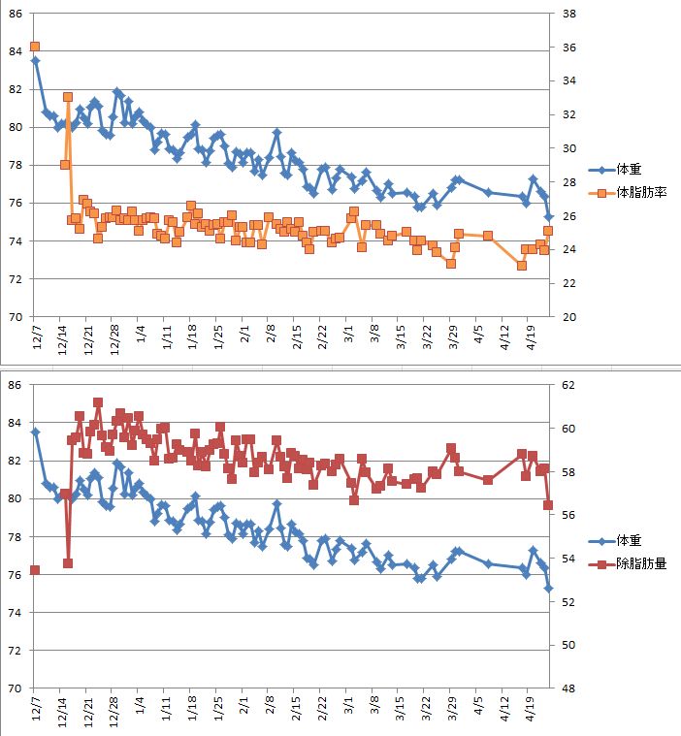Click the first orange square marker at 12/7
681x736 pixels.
[x=35, y=47]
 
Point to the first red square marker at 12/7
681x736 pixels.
[x=35, y=570]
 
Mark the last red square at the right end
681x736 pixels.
[x=548, y=505]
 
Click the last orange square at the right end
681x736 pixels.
[x=548, y=231]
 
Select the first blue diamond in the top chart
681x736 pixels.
[x=35, y=60]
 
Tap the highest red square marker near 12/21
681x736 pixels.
[x=98, y=402]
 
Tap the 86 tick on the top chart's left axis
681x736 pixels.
[x=14, y=14]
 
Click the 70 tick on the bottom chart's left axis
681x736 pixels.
[x=14, y=688]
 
